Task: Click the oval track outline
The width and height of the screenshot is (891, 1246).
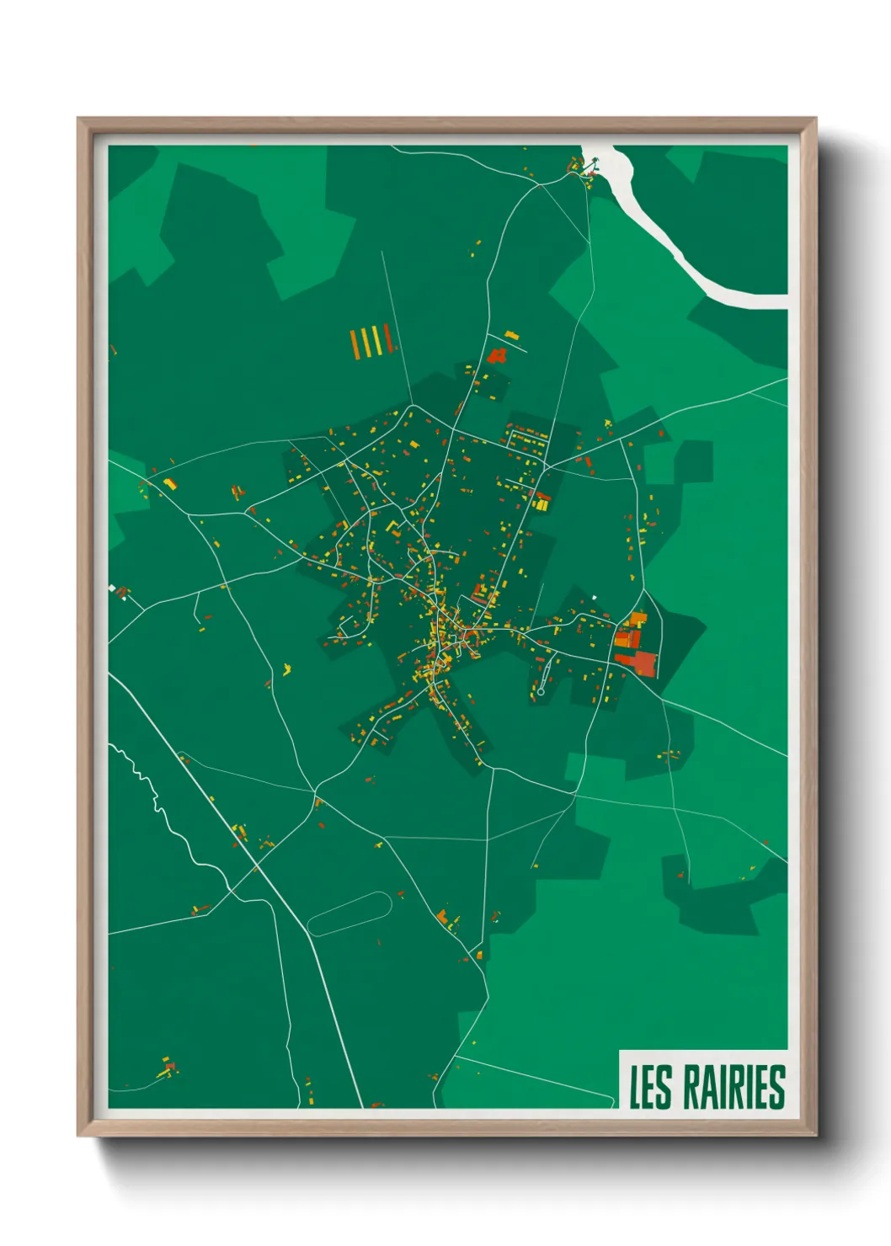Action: pos(349,914)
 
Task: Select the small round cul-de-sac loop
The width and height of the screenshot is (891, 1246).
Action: pos(541,691)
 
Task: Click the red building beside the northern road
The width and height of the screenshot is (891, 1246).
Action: pos(496,355)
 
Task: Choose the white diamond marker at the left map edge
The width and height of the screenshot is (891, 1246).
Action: pos(112,588)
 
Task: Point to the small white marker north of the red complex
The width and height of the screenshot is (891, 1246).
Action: pos(595,597)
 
